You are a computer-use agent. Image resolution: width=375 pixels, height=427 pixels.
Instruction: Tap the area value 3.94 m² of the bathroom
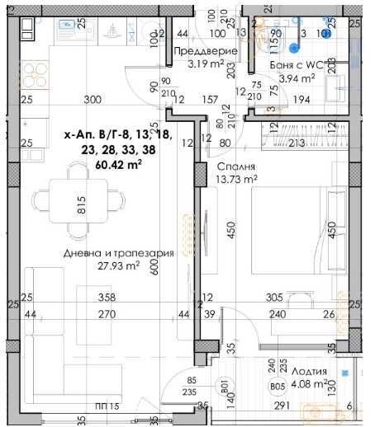[x=297, y=78]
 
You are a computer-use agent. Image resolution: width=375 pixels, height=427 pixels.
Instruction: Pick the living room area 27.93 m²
[x=116, y=266]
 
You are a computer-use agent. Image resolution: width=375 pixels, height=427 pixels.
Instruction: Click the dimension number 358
[x=105, y=298]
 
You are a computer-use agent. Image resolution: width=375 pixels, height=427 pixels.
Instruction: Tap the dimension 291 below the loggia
[x=283, y=406]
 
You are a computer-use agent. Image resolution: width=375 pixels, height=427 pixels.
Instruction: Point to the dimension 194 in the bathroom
[x=304, y=100]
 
